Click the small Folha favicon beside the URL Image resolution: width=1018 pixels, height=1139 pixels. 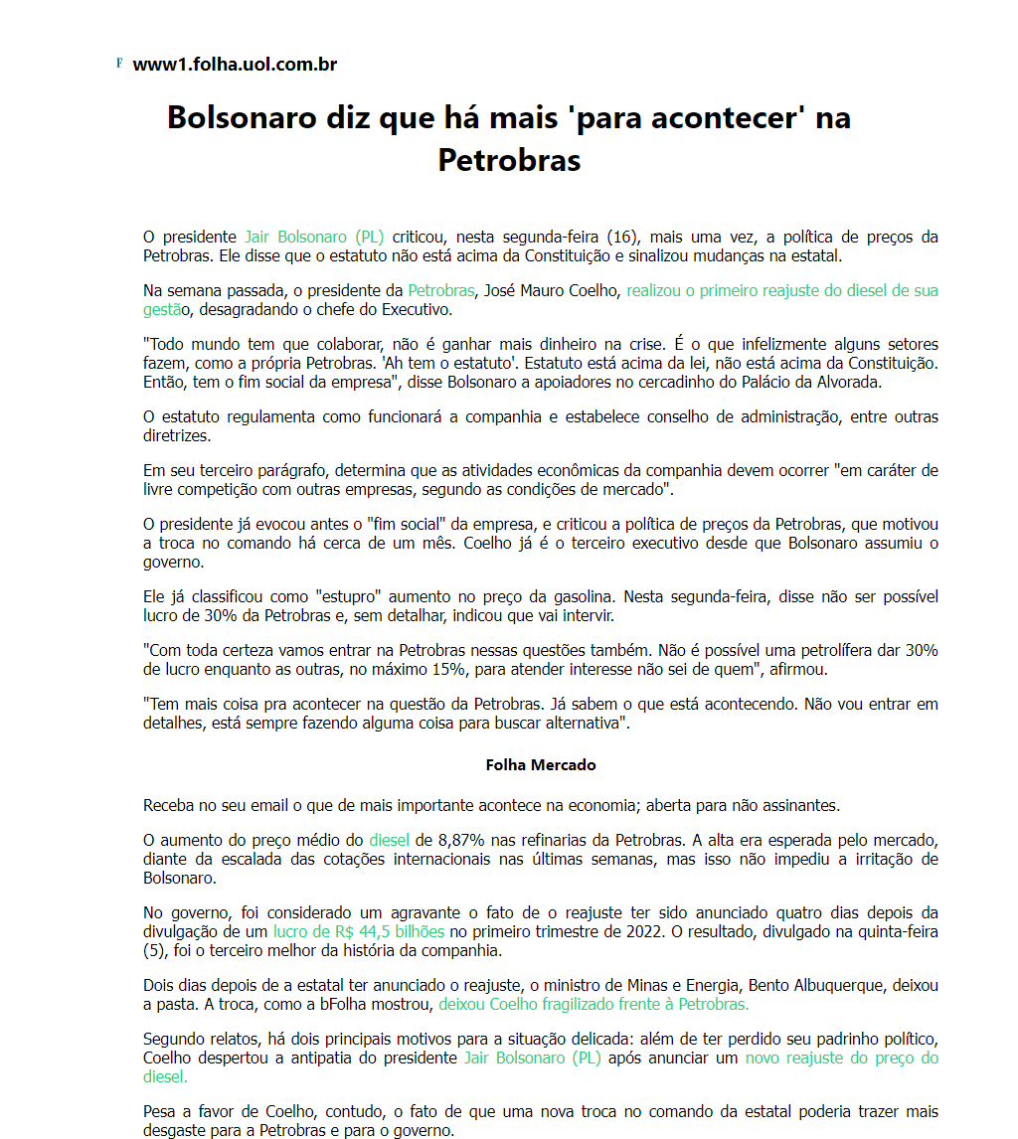click(x=119, y=64)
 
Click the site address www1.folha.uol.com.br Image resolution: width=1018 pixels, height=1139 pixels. click(x=235, y=66)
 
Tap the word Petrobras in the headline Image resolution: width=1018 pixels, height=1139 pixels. click(x=509, y=160)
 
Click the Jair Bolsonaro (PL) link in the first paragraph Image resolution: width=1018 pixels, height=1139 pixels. click(x=314, y=238)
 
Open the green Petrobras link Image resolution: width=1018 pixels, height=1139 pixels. click(x=440, y=291)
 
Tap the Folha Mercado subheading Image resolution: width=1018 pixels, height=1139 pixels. click(x=541, y=765)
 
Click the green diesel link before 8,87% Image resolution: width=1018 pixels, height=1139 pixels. click(x=389, y=841)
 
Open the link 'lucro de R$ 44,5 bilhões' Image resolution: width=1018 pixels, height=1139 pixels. click(x=359, y=932)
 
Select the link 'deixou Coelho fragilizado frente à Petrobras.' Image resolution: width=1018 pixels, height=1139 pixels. click(x=594, y=1004)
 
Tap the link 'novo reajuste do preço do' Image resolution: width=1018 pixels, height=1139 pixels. click(x=841, y=1058)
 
